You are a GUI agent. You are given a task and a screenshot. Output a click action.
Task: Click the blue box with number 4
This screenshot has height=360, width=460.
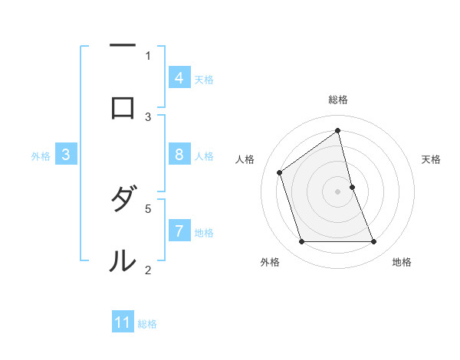179,78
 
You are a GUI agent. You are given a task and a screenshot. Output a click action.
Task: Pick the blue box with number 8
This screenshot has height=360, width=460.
179,155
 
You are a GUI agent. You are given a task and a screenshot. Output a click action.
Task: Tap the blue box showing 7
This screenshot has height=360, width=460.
179,231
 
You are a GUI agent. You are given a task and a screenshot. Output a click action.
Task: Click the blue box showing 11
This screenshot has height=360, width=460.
123,322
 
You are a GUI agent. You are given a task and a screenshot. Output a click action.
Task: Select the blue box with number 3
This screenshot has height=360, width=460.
66,155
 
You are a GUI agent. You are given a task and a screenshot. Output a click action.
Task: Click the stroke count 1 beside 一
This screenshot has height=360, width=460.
148,55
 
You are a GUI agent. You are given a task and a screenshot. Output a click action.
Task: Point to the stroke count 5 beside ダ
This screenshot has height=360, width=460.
148,208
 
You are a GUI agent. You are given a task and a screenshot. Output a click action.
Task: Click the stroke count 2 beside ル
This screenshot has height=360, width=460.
148,269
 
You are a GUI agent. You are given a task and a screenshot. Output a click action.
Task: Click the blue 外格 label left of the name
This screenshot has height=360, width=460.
41,155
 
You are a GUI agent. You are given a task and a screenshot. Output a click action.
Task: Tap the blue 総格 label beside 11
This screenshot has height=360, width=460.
147,323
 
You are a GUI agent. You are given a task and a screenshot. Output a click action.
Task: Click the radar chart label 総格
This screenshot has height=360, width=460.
338,100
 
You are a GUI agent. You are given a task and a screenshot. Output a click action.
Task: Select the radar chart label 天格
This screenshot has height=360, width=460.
432,159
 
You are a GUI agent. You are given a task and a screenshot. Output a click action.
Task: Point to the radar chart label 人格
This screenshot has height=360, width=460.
245,159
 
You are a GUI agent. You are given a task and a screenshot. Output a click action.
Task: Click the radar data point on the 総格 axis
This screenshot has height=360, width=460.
338,130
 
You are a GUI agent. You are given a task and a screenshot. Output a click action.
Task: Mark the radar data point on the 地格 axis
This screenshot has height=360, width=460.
374,242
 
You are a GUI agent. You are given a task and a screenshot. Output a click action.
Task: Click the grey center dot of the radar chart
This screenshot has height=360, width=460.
338,191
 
